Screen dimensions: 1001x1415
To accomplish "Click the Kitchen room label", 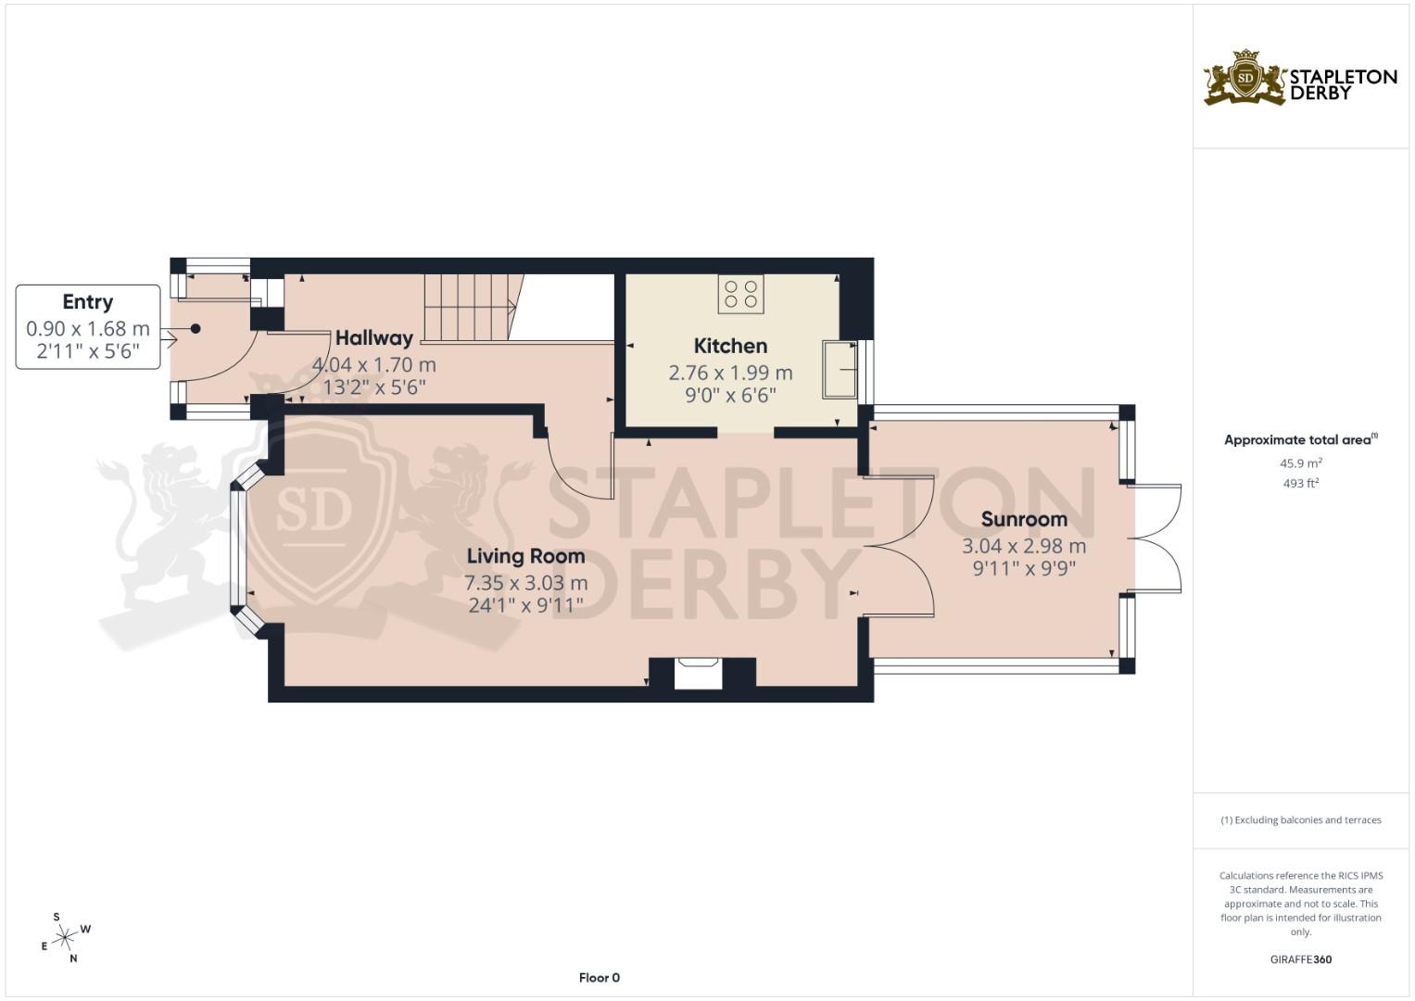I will click(730, 346).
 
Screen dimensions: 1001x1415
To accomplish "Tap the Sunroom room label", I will click(1024, 519).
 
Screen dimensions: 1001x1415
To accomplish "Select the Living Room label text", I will click(525, 556).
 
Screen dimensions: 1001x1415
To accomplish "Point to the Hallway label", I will click(373, 338).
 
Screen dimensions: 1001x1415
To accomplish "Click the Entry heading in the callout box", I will click(87, 302).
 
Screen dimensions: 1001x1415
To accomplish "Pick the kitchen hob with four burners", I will click(740, 294).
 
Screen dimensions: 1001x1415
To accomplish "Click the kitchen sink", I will click(839, 370).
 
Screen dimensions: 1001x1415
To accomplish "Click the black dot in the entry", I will click(196, 328).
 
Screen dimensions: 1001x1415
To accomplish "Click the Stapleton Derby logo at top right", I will click(1300, 79).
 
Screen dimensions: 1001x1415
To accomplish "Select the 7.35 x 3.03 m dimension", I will click(525, 583).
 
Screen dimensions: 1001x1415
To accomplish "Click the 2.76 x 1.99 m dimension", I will click(730, 373).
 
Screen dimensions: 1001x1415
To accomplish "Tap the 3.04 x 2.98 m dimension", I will click(1024, 546).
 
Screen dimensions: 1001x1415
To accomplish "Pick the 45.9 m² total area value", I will click(1300, 462).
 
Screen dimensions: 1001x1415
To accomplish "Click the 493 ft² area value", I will click(1300, 483).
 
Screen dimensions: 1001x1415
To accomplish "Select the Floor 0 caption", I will click(599, 978).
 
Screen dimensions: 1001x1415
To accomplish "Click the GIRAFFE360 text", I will click(1300, 959).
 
